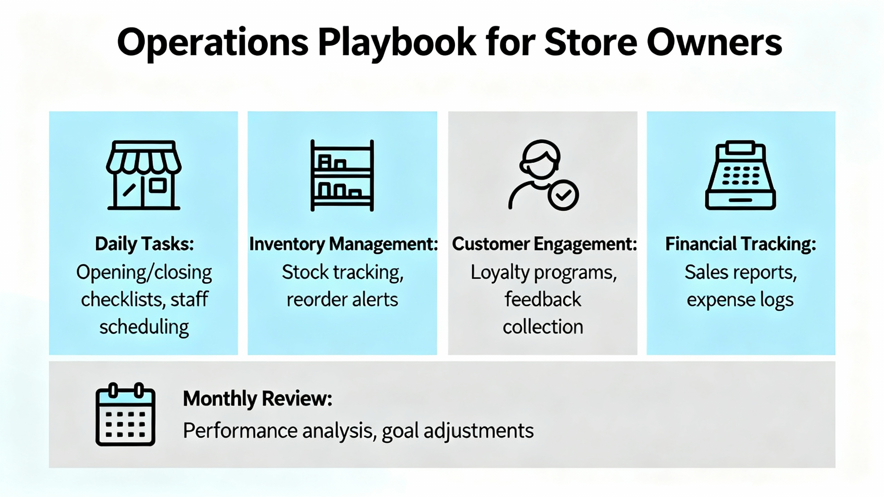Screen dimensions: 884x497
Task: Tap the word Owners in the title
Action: (714, 42)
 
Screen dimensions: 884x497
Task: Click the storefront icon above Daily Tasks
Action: (144, 175)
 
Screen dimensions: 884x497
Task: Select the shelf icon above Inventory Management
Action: (342, 175)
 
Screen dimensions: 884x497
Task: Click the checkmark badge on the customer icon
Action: (563, 195)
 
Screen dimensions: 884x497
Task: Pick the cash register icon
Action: (740, 175)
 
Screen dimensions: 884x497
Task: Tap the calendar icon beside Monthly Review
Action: (125, 414)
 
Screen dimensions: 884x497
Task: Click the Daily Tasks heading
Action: (144, 244)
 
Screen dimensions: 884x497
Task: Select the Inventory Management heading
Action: (343, 244)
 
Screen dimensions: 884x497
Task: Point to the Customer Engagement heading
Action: (544, 244)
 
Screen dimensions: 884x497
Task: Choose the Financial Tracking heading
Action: (741, 244)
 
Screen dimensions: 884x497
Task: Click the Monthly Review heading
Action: (258, 399)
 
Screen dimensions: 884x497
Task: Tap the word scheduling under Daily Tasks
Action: (144, 327)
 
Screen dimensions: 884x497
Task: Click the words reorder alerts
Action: (342, 299)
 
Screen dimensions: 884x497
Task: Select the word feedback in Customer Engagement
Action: (543, 299)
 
